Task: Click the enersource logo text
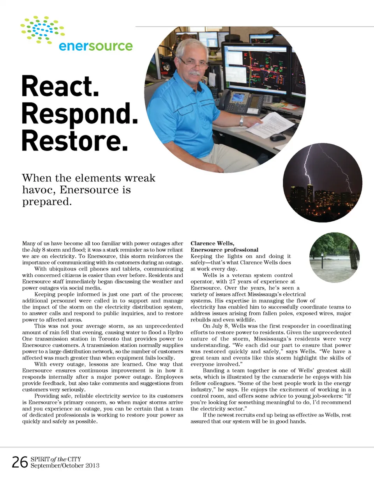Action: click(95, 46)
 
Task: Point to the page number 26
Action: click(19, 462)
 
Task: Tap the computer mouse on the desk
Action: click(277, 137)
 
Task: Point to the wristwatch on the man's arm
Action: click(242, 121)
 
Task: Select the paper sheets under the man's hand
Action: click(270, 124)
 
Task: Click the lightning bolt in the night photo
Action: click(307, 164)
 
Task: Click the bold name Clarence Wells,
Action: click(212, 244)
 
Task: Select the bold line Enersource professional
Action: click(224, 250)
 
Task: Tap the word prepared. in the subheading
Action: click(47, 202)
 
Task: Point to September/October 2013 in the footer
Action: click(65, 466)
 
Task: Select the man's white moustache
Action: click(194, 73)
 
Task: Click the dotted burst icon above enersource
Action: click(42, 30)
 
